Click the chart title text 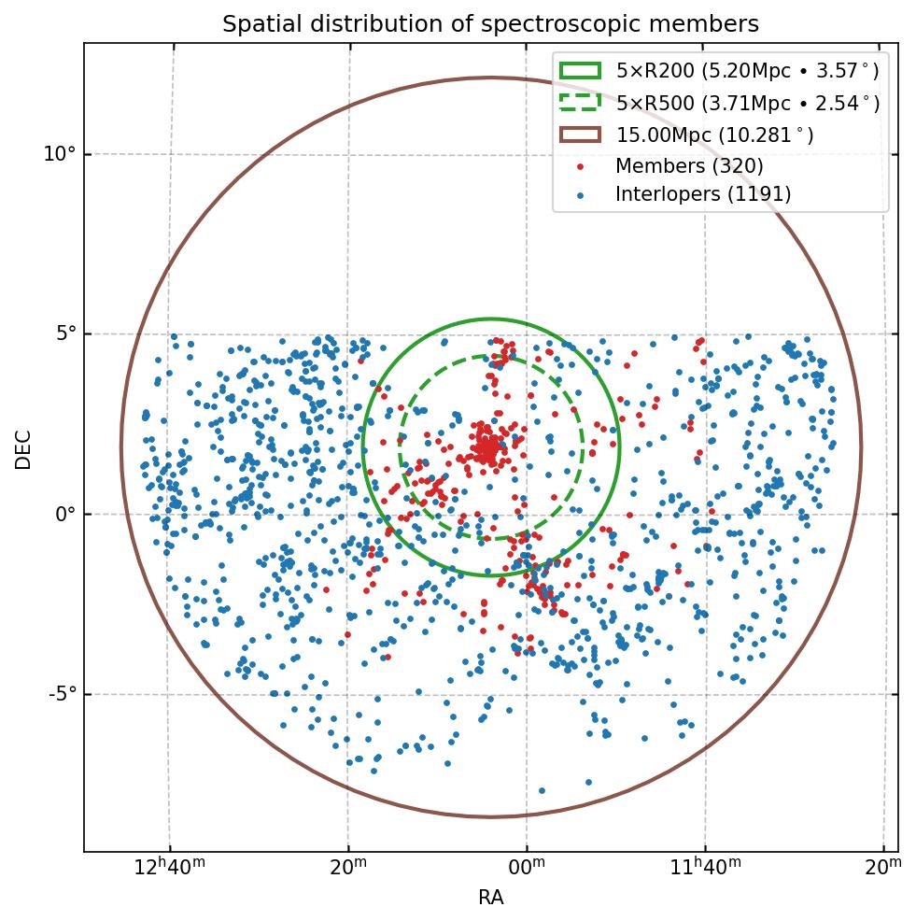pyautogui.click(x=490, y=25)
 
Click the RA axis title pyautogui.click(x=491, y=899)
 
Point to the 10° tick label pyautogui.click(x=59, y=154)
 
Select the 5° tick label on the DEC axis pyautogui.click(x=63, y=334)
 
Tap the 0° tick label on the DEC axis pyautogui.click(x=63, y=514)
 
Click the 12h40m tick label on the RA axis pyautogui.click(x=169, y=866)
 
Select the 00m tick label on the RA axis pyautogui.click(x=527, y=866)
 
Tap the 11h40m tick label pyautogui.click(x=705, y=866)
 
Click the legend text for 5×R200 pyautogui.click(x=747, y=71)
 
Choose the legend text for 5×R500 pyautogui.click(x=747, y=103)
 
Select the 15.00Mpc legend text pyautogui.click(x=714, y=135)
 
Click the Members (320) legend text pyautogui.click(x=689, y=166)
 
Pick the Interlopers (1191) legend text pyautogui.click(x=703, y=194)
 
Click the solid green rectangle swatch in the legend pyautogui.click(x=580, y=71)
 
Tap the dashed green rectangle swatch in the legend pyautogui.click(x=580, y=103)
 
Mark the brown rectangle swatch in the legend pyautogui.click(x=580, y=135)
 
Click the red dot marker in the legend pyautogui.click(x=580, y=166)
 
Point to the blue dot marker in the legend pyautogui.click(x=580, y=194)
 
